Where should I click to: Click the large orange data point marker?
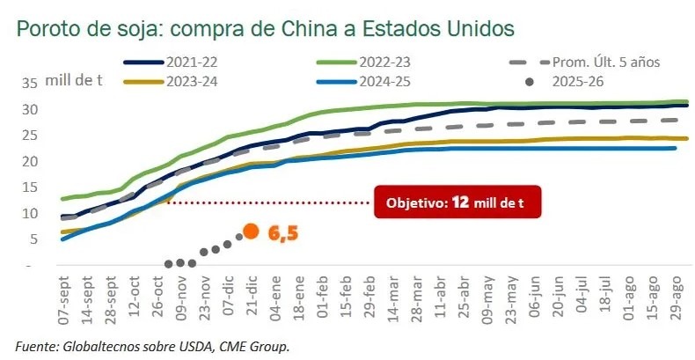click(251, 231)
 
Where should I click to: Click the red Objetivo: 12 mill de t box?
click(456, 202)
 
